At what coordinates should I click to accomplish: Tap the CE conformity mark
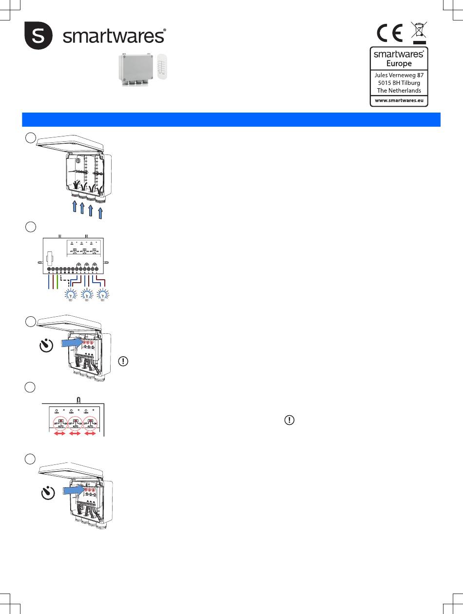click(x=389, y=34)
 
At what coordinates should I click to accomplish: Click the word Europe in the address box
click(x=399, y=63)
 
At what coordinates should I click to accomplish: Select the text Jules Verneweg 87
click(x=399, y=75)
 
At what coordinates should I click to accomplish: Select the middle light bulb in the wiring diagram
click(x=87, y=295)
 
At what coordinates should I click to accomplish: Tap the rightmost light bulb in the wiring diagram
click(x=102, y=295)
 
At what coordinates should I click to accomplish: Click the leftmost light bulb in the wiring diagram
click(x=71, y=295)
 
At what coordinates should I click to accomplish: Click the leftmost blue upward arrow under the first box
click(x=73, y=208)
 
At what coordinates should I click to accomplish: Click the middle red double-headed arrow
click(x=75, y=432)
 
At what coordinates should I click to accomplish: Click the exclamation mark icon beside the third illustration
click(x=124, y=362)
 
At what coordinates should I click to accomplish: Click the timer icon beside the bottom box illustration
click(x=46, y=494)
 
